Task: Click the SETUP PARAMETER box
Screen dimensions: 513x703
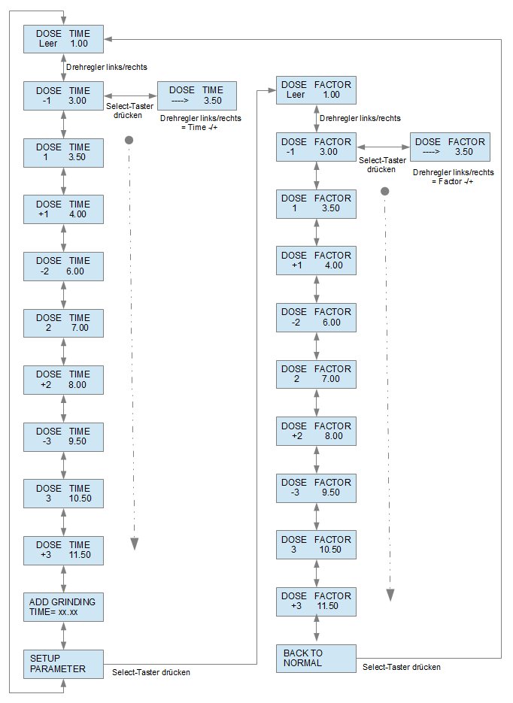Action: click(63, 664)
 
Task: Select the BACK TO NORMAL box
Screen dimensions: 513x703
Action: click(316, 658)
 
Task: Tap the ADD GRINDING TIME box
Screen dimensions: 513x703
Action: click(63, 607)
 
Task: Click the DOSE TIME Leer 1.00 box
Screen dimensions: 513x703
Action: click(63, 39)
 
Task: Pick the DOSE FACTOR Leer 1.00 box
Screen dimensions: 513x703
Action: click(316, 90)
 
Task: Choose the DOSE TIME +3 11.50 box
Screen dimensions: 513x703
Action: click(63, 550)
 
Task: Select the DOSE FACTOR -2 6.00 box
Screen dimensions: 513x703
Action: click(316, 317)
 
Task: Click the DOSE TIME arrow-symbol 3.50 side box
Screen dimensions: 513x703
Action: click(197, 95)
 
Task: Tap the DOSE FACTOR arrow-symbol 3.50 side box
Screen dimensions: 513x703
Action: click(451, 147)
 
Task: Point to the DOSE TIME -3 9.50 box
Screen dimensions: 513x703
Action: click(63, 437)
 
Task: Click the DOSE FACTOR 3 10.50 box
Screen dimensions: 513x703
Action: click(316, 545)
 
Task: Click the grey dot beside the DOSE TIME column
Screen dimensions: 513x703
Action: click(129, 140)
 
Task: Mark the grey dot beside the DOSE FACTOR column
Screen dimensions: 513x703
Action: click(385, 192)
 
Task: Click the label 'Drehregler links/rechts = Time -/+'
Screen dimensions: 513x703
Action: click(200, 123)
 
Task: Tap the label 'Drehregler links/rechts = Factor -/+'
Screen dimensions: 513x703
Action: click(453, 177)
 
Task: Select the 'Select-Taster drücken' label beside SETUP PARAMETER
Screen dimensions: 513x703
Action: click(151, 672)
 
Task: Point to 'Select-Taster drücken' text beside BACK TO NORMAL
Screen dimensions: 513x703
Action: click(402, 667)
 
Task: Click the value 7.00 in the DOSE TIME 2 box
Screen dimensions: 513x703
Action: click(80, 328)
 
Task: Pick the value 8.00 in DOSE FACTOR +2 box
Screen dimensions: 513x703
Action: click(334, 436)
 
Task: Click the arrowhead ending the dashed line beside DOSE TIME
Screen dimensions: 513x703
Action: click(134, 544)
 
